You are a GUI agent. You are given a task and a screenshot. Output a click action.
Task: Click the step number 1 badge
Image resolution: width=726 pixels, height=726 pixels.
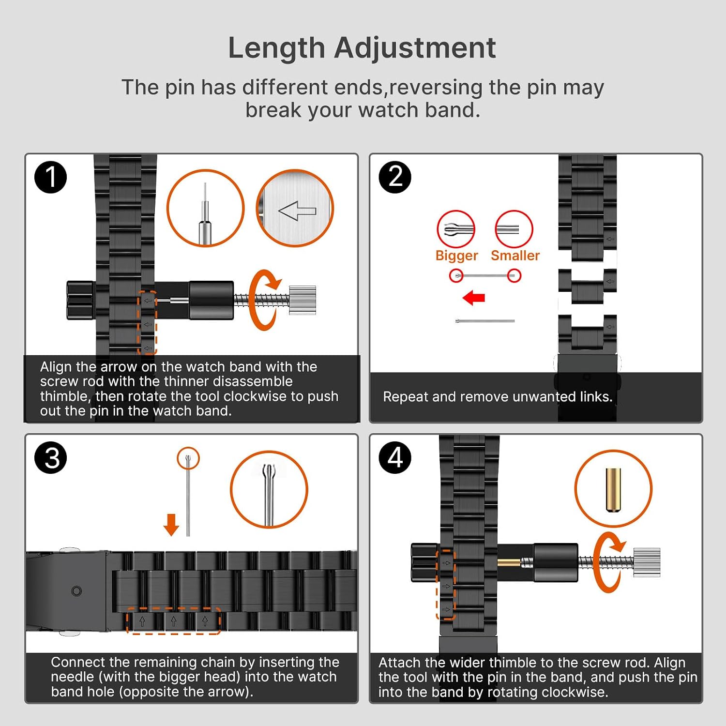(x=50, y=177)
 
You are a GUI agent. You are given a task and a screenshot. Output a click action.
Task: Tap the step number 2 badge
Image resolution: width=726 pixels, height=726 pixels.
(x=395, y=177)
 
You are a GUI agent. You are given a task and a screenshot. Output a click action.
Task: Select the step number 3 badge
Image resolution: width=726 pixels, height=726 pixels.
(x=50, y=457)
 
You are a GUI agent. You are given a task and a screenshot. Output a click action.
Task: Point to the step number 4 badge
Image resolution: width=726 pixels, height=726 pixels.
(x=395, y=457)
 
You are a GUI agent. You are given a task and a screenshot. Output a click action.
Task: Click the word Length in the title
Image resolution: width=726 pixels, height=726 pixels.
(x=276, y=48)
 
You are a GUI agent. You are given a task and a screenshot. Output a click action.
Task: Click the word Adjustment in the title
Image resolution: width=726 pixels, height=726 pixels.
(x=415, y=48)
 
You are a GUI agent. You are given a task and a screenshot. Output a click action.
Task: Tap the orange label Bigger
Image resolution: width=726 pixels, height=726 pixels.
(x=456, y=256)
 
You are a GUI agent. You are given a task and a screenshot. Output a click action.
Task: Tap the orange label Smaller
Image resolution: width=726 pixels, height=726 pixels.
(x=515, y=255)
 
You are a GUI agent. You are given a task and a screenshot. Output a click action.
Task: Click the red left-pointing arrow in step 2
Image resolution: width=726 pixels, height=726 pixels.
(x=473, y=298)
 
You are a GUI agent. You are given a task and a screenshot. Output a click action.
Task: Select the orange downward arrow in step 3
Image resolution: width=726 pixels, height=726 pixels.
(x=171, y=525)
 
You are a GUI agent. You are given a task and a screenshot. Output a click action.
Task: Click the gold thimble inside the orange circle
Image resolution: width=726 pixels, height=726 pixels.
(x=613, y=489)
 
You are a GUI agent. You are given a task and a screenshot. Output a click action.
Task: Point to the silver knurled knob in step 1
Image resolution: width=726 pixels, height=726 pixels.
(x=302, y=300)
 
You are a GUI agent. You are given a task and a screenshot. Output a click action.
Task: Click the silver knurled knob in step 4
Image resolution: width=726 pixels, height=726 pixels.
(x=647, y=562)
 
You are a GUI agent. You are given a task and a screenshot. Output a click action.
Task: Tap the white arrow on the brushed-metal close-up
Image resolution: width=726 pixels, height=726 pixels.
(x=297, y=211)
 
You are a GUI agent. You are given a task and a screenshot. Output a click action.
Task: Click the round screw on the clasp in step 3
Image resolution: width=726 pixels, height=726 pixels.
(x=76, y=591)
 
